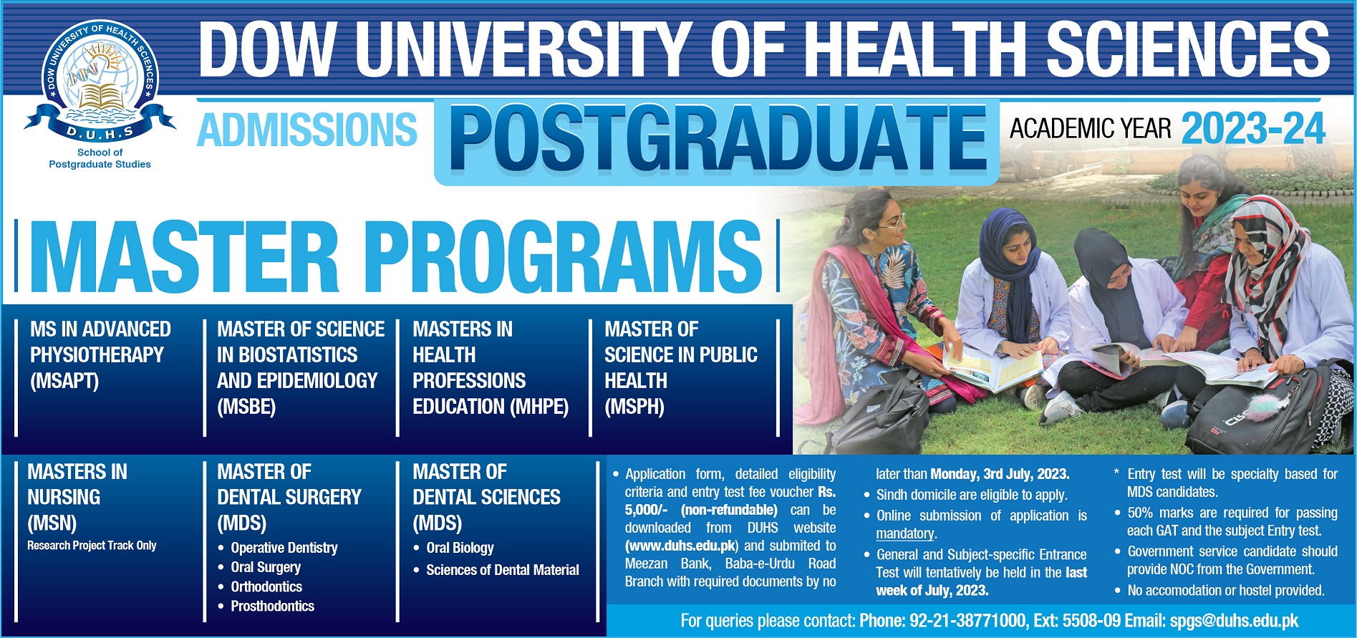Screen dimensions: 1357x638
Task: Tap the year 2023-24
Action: [1253, 129]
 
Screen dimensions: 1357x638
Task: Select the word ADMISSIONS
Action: [306, 130]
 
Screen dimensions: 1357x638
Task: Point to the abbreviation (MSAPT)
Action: [64, 380]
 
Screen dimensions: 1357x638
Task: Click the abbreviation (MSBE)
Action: [246, 407]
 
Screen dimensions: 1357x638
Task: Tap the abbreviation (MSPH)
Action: [634, 407]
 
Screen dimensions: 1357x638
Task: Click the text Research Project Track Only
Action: [92, 546]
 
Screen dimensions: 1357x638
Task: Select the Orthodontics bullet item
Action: [266, 586]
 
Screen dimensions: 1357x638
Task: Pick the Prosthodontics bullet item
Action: [272, 606]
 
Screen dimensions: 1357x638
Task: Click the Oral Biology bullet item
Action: [460, 548]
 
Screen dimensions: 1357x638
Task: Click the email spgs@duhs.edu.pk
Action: [1234, 621]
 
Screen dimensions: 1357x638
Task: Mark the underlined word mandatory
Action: [905, 533]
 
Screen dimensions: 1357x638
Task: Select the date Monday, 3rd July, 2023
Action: [1000, 474]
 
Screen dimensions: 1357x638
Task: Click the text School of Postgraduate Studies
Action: [100, 158]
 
